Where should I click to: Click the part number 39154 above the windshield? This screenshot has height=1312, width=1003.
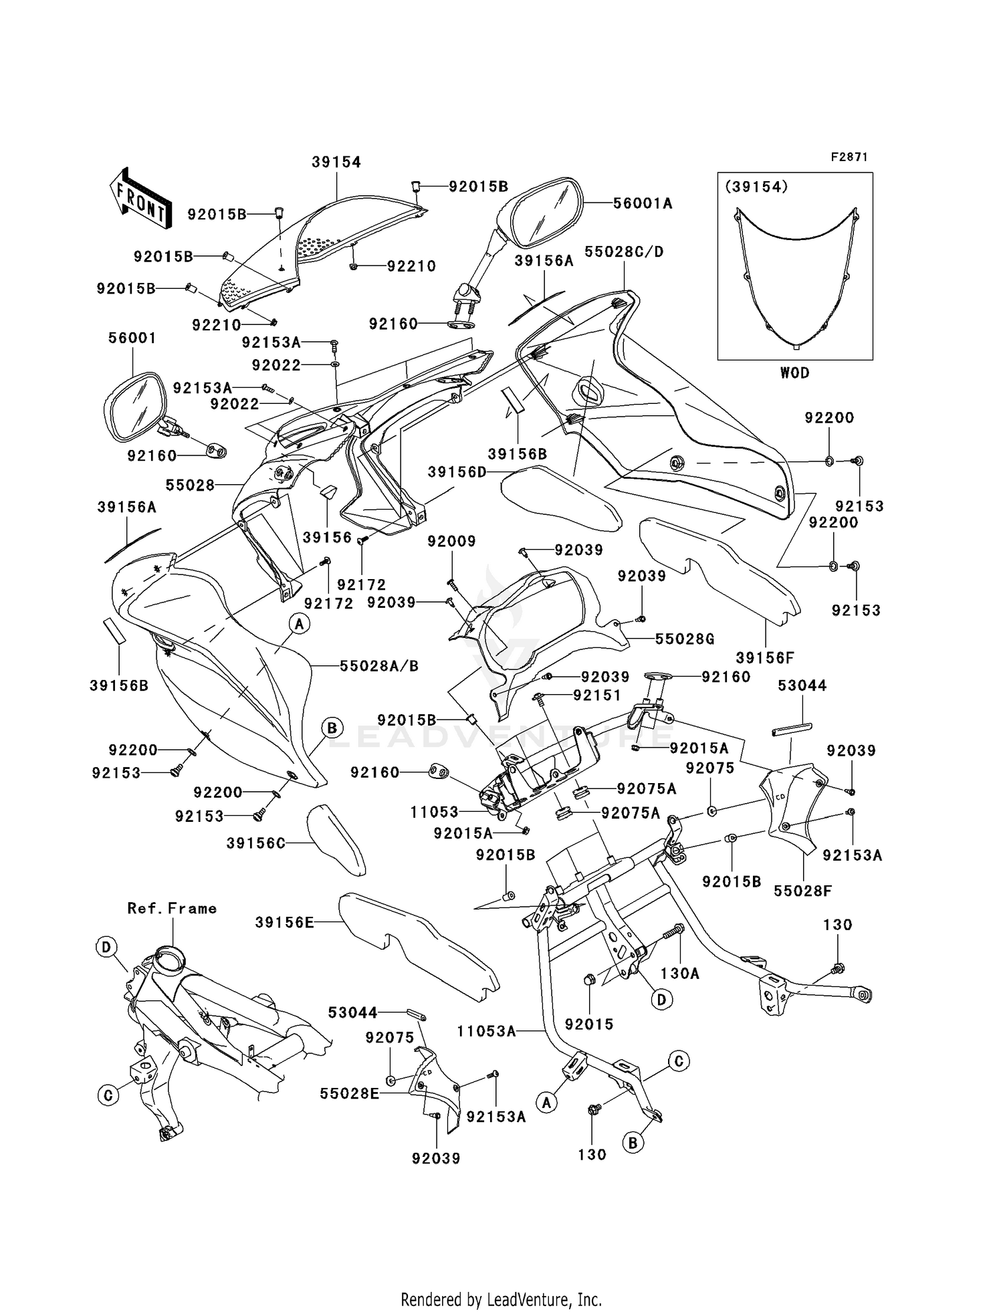[336, 162]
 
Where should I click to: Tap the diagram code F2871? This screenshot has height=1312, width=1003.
[849, 157]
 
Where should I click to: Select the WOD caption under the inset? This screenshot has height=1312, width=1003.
[794, 373]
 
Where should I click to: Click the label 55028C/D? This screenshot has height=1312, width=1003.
[624, 252]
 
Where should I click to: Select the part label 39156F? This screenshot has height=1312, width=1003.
[765, 658]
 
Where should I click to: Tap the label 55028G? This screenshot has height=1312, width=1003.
[684, 639]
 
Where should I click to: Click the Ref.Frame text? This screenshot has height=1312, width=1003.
[172, 908]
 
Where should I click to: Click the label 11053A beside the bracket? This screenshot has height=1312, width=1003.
[486, 1032]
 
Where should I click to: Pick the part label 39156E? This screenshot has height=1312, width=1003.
[284, 923]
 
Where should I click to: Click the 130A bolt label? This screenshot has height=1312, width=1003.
[679, 974]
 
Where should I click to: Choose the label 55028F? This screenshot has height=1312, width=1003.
[802, 891]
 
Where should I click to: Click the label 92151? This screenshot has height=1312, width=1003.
[597, 695]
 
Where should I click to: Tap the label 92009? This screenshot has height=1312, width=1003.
[451, 541]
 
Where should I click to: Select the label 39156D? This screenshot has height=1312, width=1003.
[457, 472]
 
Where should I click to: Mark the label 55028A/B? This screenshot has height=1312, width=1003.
[379, 666]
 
